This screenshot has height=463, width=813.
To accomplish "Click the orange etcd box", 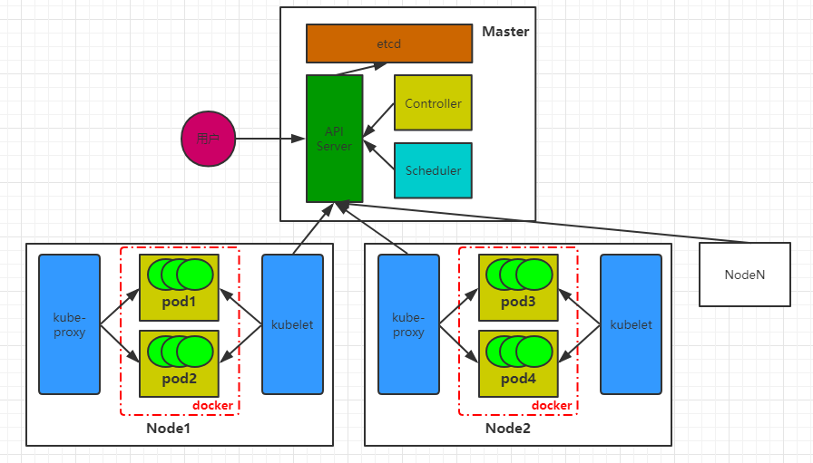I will click(389, 43).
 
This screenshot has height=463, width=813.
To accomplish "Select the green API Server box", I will click(334, 139).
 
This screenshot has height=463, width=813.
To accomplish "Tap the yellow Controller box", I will click(433, 102).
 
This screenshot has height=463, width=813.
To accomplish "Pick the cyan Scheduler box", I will click(433, 170).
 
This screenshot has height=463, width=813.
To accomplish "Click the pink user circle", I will click(208, 140).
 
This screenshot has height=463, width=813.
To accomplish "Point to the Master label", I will click(504, 32).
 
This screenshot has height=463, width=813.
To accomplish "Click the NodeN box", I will click(745, 274).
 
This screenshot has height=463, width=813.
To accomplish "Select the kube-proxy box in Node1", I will click(69, 324).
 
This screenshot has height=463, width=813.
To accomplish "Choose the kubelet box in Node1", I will click(292, 324).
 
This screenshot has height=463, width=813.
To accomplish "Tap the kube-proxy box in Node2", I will click(408, 324).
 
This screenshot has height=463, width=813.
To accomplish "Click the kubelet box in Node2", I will click(631, 324).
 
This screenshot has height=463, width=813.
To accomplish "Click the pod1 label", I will click(179, 302).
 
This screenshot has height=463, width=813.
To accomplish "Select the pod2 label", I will click(179, 379).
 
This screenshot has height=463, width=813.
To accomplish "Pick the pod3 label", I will click(518, 302).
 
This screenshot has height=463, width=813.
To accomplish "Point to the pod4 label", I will click(518, 379).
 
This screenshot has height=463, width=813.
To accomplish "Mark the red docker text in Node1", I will click(212, 405).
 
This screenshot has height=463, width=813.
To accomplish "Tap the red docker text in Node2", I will click(552, 405).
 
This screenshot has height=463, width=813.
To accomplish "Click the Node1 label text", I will click(168, 429).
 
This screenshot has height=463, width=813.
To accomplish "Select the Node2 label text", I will click(507, 429).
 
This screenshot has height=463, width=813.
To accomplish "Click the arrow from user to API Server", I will click(268, 140).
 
